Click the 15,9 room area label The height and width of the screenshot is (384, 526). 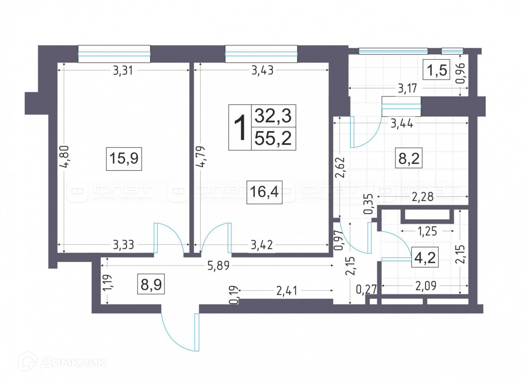click(124, 158)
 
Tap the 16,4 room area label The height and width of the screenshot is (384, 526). click(264, 191)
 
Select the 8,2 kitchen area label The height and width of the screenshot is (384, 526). click(409, 158)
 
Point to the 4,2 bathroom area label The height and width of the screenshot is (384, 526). click(425, 257)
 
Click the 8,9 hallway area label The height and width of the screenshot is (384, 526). click(151, 285)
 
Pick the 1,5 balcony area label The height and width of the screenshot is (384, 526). click(437, 70)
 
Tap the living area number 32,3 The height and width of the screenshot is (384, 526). click(273, 115)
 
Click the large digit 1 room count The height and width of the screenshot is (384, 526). click(240, 127)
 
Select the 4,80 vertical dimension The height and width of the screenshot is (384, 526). click(64, 156)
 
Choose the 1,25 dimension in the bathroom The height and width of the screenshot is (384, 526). click(427, 231)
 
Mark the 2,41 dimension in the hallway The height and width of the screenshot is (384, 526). click(286, 290)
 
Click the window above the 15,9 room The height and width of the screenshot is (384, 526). click(114, 54)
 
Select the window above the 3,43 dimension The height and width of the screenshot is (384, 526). click(261, 54)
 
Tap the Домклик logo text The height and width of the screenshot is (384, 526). click(73, 362)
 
